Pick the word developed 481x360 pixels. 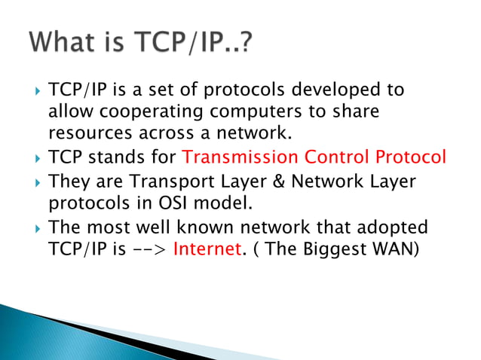point(339,90)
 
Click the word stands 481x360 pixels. point(112,158)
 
